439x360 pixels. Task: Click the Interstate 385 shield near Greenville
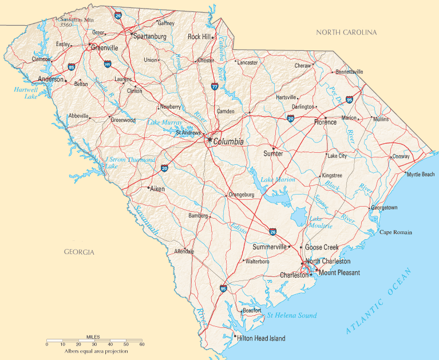coord(108,65)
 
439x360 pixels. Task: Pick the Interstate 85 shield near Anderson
coord(72,67)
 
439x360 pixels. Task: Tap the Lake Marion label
coord(278,180)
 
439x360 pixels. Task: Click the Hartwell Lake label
coord(26,93)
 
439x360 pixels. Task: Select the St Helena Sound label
coord(292,315)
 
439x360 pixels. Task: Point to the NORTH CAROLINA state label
coord(347,33)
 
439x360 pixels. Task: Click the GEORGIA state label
coord(79,252)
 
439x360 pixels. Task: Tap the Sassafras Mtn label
coord(75,19)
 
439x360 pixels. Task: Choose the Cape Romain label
coord(396,232)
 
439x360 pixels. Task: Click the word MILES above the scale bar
coord(93,337)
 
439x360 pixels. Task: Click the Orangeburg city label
coord(241,195)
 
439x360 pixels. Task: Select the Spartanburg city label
coord(149,36)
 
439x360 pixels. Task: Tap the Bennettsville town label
coord(349,72)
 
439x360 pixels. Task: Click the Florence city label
coord(325,122)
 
